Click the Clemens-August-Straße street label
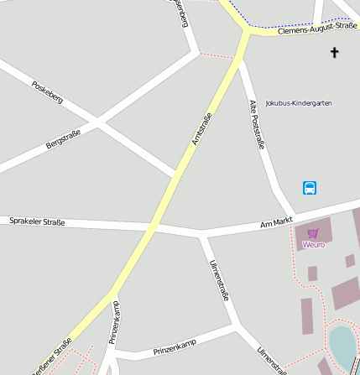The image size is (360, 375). click(x=316, y=29)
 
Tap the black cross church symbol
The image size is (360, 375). click(x=334, y=53)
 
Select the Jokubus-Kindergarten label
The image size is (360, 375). click(x=298, y=103)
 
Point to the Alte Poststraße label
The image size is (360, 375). click(x=257, y=124)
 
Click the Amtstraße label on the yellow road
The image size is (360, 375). click(x=201, y=128)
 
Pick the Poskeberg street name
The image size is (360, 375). click(x=47, y=92)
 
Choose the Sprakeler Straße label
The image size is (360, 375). click(x=37, y=221)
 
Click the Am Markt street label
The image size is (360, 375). click(x=275, y=221)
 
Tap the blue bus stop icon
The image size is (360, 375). click(x=310, y=188)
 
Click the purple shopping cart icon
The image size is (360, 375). click(x=313, y=233)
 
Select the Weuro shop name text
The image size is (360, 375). click(x=313, y=245)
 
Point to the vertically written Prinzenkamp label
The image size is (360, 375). click(x=115, y=322)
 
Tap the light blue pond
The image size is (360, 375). click(x=342, y=347)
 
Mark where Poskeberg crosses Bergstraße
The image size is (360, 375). click(x=98, y=124)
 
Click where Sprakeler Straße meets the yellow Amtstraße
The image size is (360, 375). click(x=154, y=227)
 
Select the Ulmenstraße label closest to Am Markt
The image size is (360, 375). click(x=219, y=279)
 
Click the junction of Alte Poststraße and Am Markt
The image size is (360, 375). click(x=293, y=216)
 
